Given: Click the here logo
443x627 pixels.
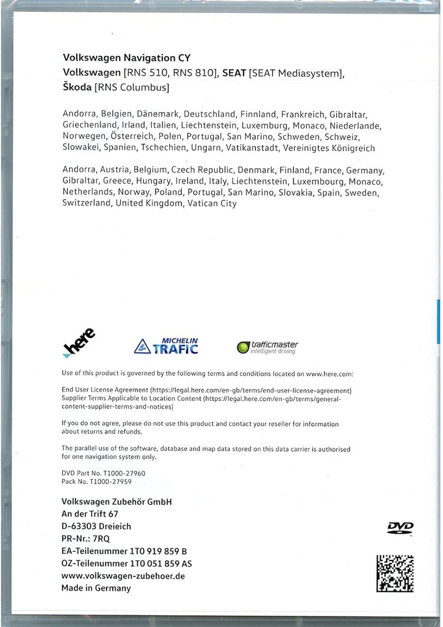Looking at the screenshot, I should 79,343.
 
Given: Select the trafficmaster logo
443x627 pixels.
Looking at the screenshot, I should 268,347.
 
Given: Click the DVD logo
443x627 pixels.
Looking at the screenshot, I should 400,527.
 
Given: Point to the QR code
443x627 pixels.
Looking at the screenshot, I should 394,573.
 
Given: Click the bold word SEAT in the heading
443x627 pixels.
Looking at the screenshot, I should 234,73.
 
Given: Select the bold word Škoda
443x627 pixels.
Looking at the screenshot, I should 77,87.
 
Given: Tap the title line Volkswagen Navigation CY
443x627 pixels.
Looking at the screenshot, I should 127,58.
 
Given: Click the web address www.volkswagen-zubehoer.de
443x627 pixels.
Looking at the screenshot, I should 123,576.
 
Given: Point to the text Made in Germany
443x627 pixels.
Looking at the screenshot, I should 96,588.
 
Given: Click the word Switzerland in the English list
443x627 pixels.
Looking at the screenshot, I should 87,204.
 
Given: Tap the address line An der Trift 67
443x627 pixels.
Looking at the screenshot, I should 90,514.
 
